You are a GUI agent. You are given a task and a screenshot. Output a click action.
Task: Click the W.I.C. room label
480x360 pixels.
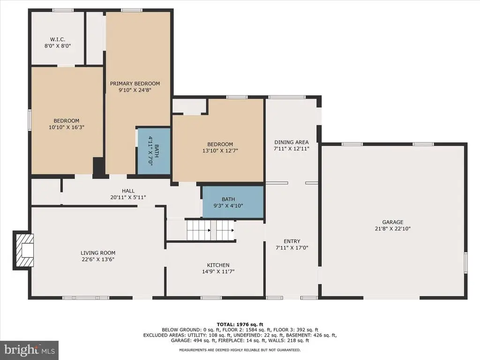pyautogui.click(x=58, y=39)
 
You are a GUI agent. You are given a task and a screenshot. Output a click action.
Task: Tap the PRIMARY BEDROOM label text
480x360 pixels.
pyautogui.click(x=135, y=83)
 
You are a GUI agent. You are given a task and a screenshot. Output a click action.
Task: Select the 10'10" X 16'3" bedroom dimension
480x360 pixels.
pyautogui.click(x=67, y=127)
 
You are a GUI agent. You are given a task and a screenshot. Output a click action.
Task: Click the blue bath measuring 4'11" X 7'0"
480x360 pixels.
pyautogui.click(x=154, y=151)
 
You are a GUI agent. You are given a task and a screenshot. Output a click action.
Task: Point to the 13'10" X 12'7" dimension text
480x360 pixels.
pyautogui.click(x=220, y=150)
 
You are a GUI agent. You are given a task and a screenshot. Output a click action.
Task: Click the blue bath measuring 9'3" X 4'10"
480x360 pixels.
pyautogui.click(x=233, y=202)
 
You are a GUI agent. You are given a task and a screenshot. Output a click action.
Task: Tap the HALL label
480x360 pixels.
pyautogui.click(x=128, y=191)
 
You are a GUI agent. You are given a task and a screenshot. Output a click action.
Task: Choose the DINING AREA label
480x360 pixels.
pyautogui.click(x=292, y=142)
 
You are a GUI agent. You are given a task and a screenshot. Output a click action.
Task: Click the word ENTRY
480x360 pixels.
pyautogui.click(x=292, y=241)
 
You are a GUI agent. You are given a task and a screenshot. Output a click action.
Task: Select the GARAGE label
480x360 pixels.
pyautogui.click(x=393, y=222)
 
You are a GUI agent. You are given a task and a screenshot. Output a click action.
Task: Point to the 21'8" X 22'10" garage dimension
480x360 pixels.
pyautogui.click(x=393, y=229)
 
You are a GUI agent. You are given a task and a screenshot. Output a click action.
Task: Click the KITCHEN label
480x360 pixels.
pyautogui.click(x=218, y=265)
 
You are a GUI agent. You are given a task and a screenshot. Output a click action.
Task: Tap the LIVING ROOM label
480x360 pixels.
pyautogui.click(x=98, y=253)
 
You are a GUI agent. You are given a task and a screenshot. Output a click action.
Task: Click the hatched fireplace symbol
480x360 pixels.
pyautogui.click(x=23, y=250)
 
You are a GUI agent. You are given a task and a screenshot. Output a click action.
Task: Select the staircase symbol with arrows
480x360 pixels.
pyautogui.click(x=211, y=230)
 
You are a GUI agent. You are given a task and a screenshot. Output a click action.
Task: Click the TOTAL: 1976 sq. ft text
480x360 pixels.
pyautogui.click(x=240, y=324)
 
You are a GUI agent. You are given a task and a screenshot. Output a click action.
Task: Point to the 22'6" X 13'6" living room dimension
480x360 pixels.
pyautogui.click(x=98, y=259)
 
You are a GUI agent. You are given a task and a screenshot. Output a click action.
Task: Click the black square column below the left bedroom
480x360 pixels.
pyautogui.click(x=98, y=167)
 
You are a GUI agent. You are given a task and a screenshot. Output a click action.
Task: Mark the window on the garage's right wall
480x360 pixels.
pyautogui.click(x=465, y=262)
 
